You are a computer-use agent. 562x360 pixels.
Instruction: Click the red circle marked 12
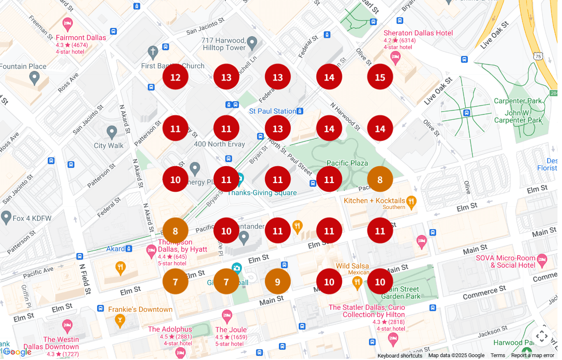point(175,77)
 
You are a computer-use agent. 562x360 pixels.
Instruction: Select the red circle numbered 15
point(380,77)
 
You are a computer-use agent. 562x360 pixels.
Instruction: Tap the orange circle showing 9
point(277,282)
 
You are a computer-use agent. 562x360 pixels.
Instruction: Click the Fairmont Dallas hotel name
point(81,37)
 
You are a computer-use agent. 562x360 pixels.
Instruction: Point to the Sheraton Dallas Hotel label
point(418,33)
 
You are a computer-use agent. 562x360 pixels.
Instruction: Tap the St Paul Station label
point(272,111)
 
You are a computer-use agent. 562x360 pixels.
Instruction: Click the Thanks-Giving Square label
point(262,193)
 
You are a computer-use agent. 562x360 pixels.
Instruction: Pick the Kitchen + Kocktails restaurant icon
point(411,201)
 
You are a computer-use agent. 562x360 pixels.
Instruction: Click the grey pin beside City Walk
point(111,132)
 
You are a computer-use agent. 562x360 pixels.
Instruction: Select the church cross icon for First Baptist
point(153,52)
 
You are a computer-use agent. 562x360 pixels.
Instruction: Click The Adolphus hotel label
point(170,329)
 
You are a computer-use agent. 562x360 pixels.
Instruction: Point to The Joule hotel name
point(231,329)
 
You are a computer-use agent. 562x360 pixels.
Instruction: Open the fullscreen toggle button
point(541,336)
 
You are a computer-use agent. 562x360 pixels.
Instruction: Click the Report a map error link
point(532,355)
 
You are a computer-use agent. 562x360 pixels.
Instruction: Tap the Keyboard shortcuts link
point(399,355)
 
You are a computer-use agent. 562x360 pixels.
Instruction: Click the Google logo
point(17,352)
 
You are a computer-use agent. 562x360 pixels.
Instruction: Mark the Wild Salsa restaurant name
point(352,266)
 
